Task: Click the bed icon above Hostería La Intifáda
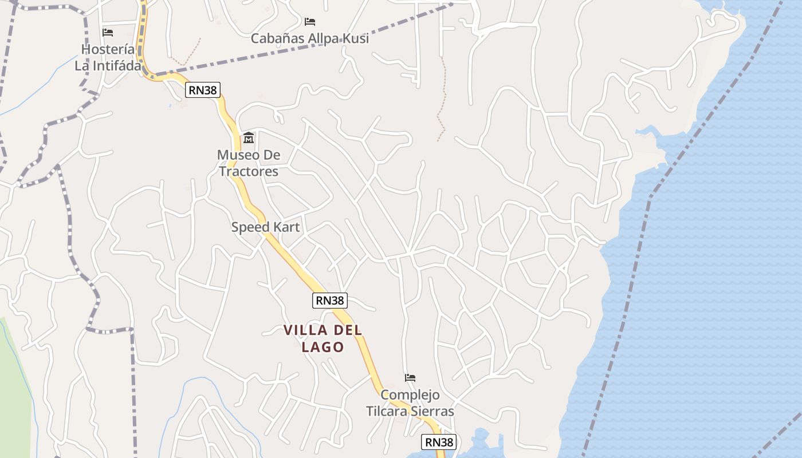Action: click(107, 33)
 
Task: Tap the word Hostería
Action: click(108, 49)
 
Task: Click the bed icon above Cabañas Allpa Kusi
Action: click(310, 22)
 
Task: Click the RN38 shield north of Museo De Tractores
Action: click(203, 90)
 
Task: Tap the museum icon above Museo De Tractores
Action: click(249, 138)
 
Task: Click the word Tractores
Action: click(249, 171)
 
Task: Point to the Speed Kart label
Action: click(265, 227)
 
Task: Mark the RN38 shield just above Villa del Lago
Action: click(330, 300)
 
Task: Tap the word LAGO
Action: click(323, 347)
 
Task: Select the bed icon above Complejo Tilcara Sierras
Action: click(410, 378)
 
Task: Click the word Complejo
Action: click(410, 395)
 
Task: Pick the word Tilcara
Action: click(389, 411)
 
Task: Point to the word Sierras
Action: click(434, 411)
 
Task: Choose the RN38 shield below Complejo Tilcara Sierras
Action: click(439, 442)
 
